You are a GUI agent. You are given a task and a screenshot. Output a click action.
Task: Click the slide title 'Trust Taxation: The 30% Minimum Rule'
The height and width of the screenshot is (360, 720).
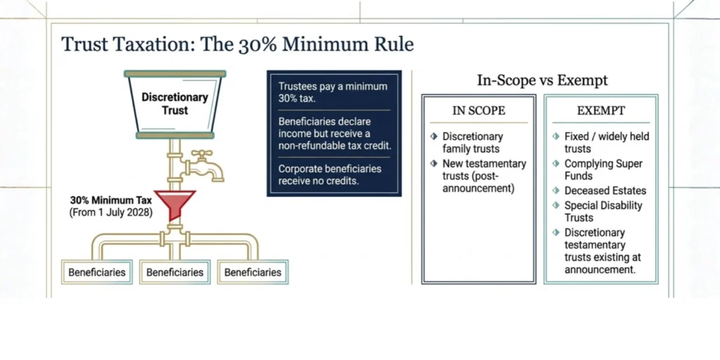coord(238,44)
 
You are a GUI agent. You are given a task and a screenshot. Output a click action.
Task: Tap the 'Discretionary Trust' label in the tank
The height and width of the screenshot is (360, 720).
coord(174,104)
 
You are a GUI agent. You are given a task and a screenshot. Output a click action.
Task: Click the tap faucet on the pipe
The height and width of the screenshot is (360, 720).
coord(203,166)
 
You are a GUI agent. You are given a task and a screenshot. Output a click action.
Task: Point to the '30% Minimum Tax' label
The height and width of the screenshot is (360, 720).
coord(110,200)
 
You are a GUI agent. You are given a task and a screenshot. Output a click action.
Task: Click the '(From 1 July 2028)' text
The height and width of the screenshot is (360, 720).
coord(110,213)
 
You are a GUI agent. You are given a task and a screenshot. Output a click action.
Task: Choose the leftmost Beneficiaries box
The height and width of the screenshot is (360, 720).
coord(97,272)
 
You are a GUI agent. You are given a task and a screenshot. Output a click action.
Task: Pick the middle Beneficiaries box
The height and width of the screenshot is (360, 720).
coord(175,272)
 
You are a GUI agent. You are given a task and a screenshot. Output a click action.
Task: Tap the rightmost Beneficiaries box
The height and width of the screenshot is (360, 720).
coord(253,272)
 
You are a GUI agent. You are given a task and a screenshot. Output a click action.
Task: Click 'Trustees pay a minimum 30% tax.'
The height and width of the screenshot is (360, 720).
coord(333,92)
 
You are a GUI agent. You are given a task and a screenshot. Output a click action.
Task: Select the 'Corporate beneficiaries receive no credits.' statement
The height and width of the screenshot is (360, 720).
coord(330,174)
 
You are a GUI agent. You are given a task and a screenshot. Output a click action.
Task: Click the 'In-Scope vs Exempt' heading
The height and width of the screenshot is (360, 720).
coord(542,80)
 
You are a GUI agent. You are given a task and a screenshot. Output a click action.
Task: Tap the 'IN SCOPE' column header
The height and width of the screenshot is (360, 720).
coord(479,110)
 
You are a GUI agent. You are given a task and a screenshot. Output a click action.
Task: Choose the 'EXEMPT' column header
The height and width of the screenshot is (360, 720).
coord(601,110)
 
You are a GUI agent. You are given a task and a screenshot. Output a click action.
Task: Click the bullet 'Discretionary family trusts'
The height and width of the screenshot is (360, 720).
coord(472,143)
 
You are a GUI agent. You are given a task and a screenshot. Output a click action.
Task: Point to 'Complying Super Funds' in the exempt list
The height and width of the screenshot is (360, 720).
coord(603,170)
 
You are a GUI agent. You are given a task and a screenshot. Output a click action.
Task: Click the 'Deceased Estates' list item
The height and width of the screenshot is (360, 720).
coord(605,191)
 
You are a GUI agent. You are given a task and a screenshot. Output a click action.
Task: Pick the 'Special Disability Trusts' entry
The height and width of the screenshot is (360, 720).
coord(603,211)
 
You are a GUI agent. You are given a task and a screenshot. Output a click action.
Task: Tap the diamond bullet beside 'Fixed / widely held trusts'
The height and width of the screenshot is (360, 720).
coord(556,136)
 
